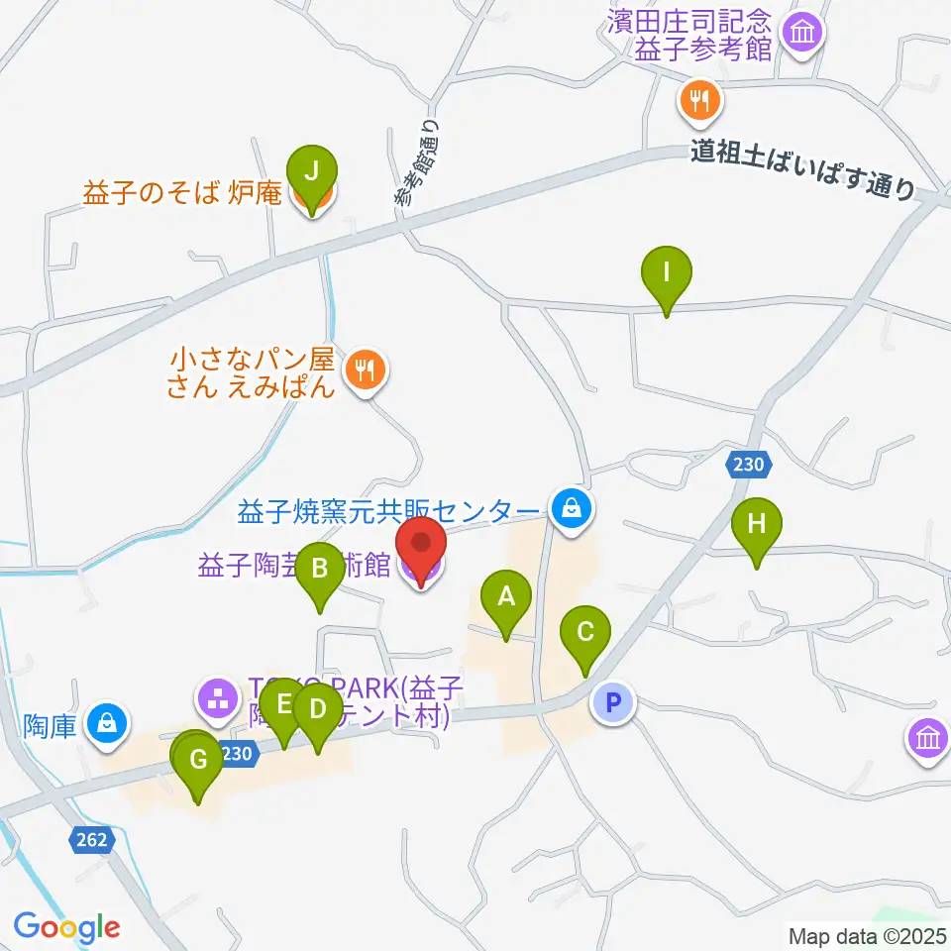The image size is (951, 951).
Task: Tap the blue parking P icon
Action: pyautogui.click(x=612, y=704)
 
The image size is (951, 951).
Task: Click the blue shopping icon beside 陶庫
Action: pyautogui.click(x=106, y=724)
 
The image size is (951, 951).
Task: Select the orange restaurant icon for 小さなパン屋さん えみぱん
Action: pyautogui.click(x=366, y=371)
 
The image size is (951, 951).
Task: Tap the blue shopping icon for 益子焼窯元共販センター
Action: pyautogui.click(x=572, y=510)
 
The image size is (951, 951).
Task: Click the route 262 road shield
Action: pyautogui.click(x=88, y=840)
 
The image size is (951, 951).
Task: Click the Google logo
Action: pyautogui.click(x=67, y=927)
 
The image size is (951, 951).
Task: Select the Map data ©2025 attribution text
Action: pyautogui.click(x=867, y=935)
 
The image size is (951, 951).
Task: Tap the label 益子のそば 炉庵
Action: pyautogui.click(x=183, y=194)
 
